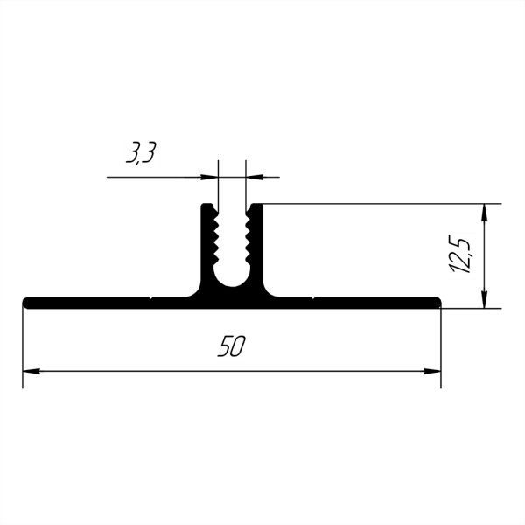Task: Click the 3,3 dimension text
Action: (141, 152)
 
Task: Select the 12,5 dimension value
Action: (461, 256)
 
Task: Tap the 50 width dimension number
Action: (232, 346)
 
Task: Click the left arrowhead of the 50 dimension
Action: (31, 371)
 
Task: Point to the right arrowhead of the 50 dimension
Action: (432, 371)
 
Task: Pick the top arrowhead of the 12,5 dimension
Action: (484, 213)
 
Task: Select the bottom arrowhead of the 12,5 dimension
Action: (484, 299)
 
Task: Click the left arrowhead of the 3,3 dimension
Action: (210, 177)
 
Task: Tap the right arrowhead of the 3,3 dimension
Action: (254, 177)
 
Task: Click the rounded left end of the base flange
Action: (26, 303)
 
